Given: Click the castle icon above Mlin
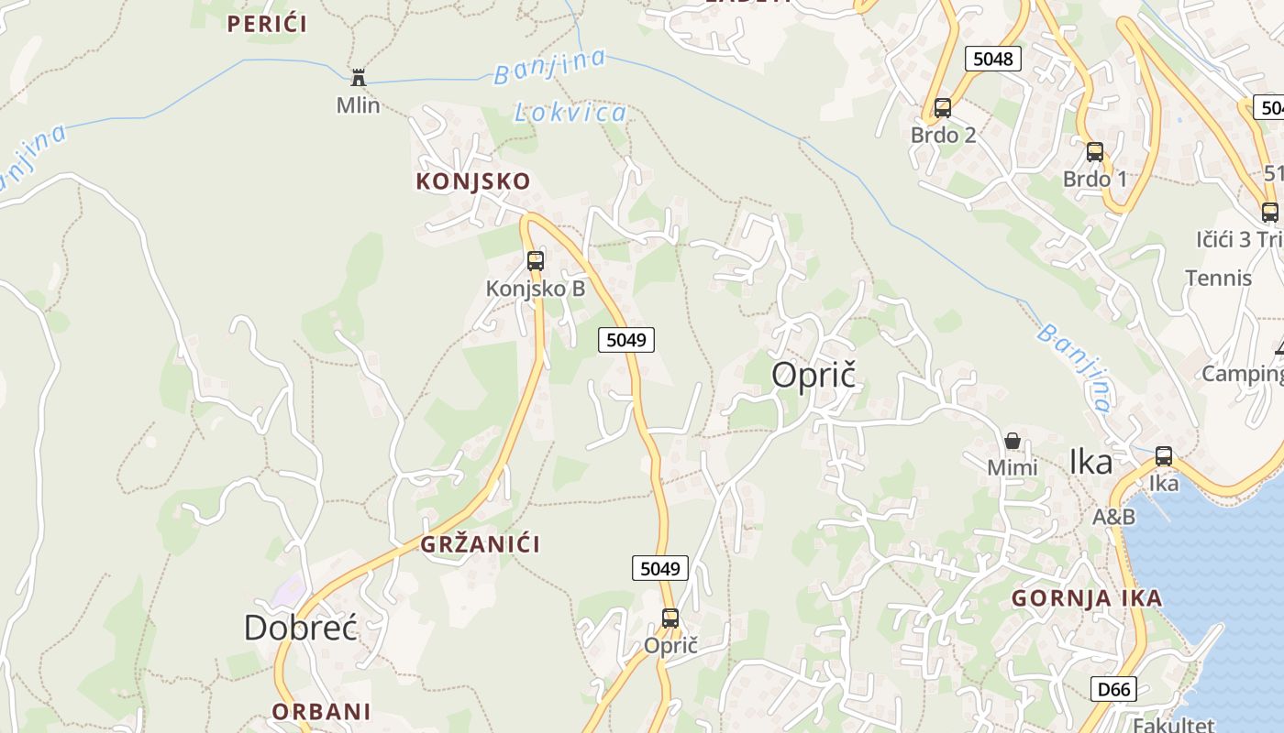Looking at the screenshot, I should (x=358, y=77).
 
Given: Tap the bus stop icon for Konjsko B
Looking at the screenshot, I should (x=536, y=261).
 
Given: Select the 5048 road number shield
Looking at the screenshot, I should (x=992, y=60).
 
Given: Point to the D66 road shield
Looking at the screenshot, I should (x=1114, y=689).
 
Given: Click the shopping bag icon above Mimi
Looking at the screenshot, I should (x=1013, y=442).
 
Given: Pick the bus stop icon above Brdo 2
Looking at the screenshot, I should (x=943, y=108).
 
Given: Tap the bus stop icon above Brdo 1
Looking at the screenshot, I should (x=1095, y=151).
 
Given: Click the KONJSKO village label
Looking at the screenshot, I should (x=473, y=181).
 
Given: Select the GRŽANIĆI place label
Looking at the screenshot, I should (x=481, y=544).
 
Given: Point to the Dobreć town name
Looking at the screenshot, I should (x=301, y=628).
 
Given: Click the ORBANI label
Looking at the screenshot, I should (x=321, y=711).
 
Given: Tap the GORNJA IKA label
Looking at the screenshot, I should (x=1087, y=598).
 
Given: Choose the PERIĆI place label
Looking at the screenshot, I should (x=267, y=25).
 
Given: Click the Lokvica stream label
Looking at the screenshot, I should (x=570, y=114).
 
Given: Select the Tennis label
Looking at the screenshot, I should (x=1218, y=278).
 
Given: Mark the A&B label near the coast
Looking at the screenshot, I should (x=1113, y=517).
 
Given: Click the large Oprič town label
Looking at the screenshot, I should (x=814, y=375).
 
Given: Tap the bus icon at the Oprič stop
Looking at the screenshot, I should (x=670, y=618).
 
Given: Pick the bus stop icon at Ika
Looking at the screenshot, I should (x=1164, y=455).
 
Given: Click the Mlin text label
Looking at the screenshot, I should (x=358, y=105).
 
